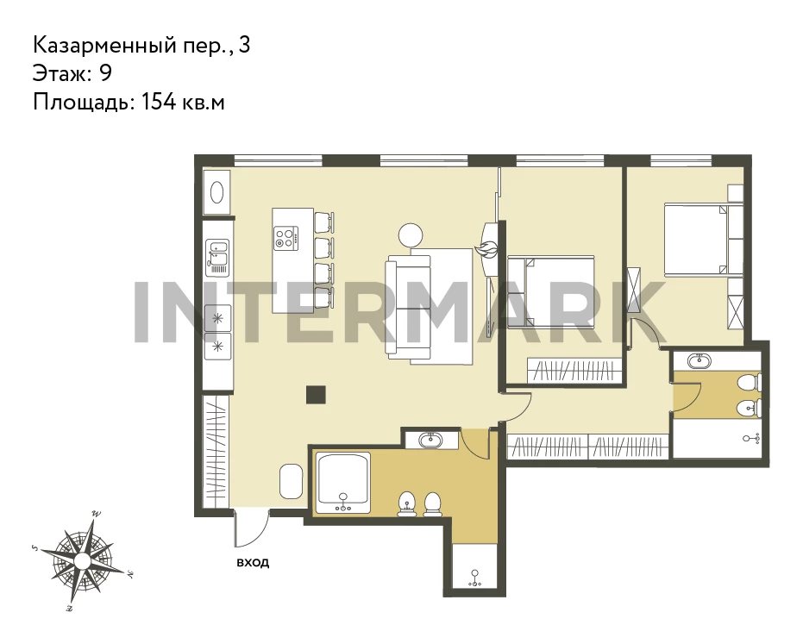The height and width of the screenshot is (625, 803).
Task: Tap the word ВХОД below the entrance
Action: pyautogui.click(x=253, y=563)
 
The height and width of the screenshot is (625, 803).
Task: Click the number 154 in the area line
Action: pyautogui.click(x=158, y=102)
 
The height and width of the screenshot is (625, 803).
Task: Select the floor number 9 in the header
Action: pyautogui.click(x=105, y=73)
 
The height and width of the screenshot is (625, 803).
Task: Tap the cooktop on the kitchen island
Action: pyautogui.click(x=285, y=239)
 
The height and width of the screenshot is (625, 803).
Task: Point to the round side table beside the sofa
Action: pyautogui.click(x=411, y=236)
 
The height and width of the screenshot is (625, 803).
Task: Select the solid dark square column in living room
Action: pyautogui.click(x=316, y=395)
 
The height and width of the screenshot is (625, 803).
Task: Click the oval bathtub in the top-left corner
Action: pyautogui.click(x=216, y=192)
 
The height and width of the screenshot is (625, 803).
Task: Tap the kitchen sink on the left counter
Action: pyautogui.click(x=217, y=258)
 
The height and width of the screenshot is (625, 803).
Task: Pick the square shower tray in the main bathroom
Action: pyautogui.click(x=342, y=483)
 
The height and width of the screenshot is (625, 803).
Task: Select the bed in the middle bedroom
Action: pyautogui.click(x=550, y=291)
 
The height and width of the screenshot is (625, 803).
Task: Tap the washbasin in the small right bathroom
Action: pyautogui.click(x=699, y=361)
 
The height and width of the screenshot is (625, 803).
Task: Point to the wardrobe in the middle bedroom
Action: pyautogui.click(x=574, y=370)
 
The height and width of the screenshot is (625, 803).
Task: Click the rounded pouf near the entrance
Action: pyautogui.click(x=292, y=481)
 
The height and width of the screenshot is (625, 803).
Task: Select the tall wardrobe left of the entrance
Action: pyautogui.click(x=216, y=452)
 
